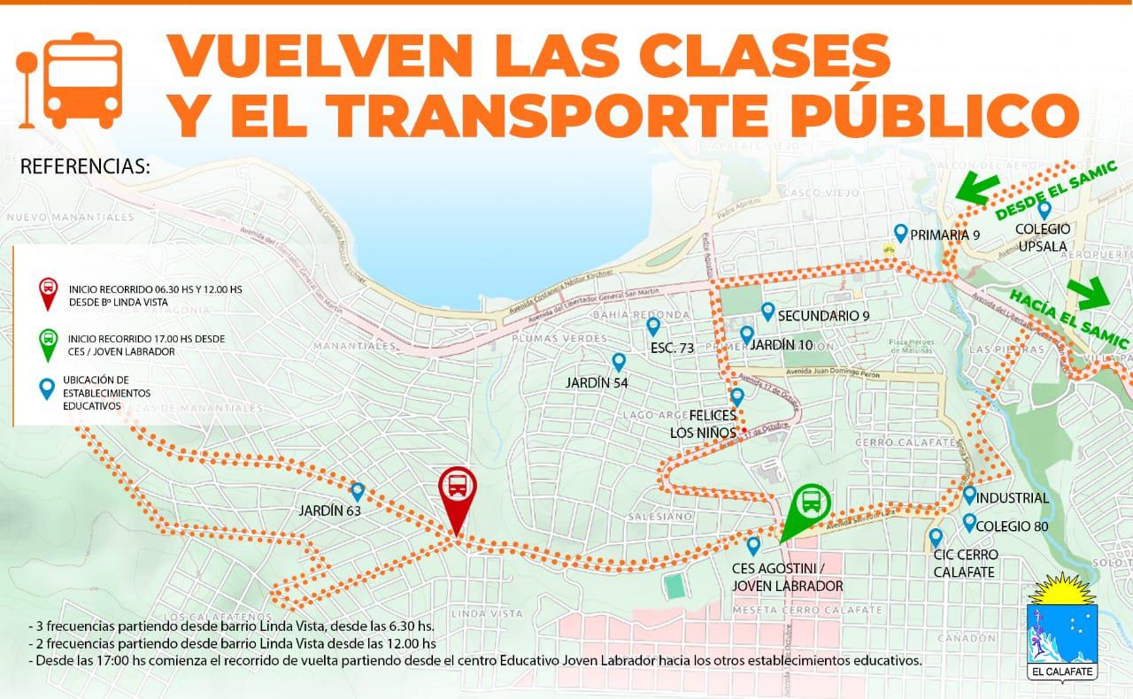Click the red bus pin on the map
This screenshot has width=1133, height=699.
[x=458, y=487]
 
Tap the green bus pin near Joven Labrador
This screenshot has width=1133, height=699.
[x=811, y=504]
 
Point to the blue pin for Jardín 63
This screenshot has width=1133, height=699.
[x=358, y=491]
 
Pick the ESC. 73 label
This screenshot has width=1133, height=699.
[x=671, y=348]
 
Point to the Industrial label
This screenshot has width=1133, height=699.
[x=1014, y=498]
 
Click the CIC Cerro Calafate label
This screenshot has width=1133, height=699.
[x=965, y=563]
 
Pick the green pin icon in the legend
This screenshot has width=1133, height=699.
[x=49, y=341]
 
